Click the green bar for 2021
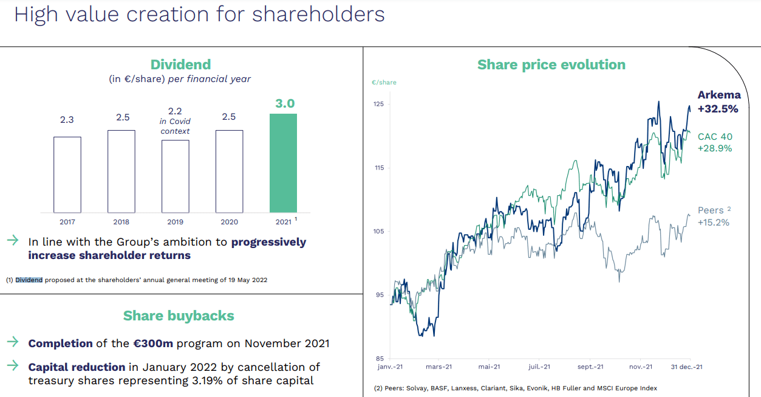tap(283, 163)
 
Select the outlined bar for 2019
tap(175, 176)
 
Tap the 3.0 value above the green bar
tap(285, 104)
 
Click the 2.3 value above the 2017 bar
tap(67, 120)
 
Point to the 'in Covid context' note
tap(175, 126)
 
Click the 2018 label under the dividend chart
tap(121, 222)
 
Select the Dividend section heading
tap(180, 64)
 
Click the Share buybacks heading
tap(179, 316)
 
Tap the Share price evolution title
tap(551, 64)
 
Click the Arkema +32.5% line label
tap(718, 102)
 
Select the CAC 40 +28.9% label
tap(715, 142)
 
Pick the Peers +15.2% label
tap(714, 216)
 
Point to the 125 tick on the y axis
tap(378, 104)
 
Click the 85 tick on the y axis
tap(380, 358)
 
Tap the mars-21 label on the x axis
tap(439, 367)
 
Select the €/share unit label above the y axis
tap(384, 82)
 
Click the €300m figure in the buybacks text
tap(153, 343)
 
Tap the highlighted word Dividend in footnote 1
tap(29, 280)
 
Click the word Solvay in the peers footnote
tap(418, 388)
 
